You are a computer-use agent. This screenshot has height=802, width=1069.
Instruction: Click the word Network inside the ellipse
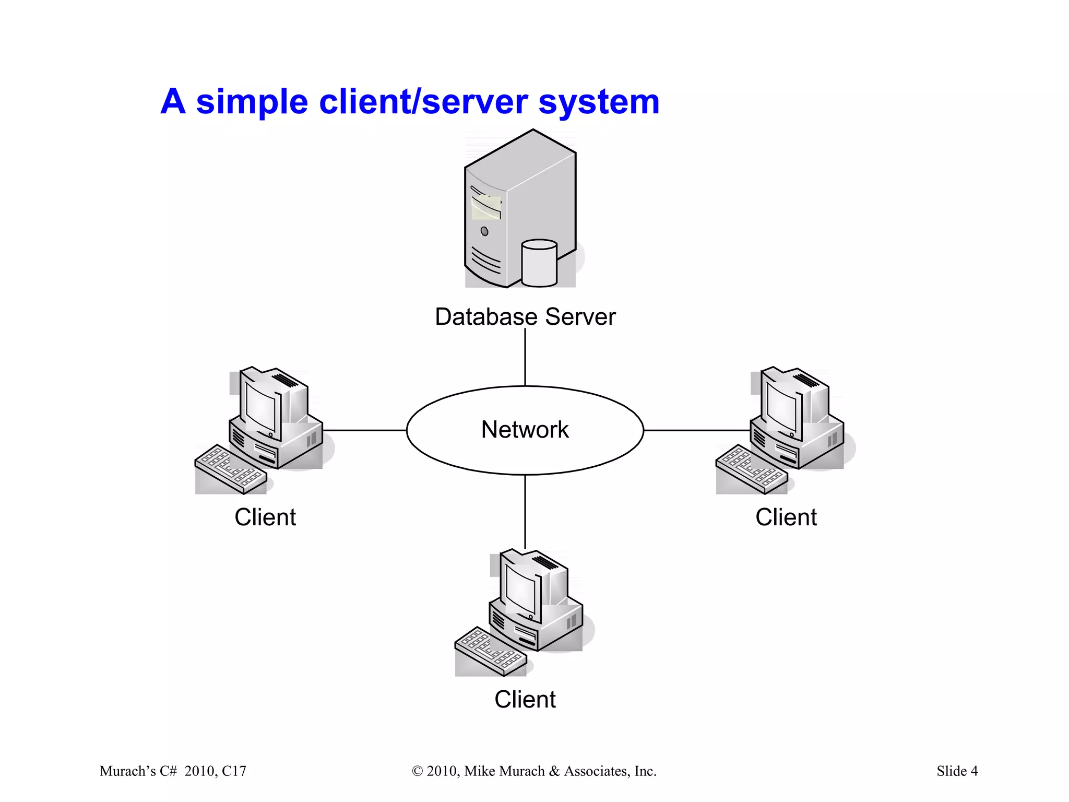(x=525, y=430)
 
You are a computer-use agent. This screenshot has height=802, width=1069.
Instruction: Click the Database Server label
(x=525, y=317)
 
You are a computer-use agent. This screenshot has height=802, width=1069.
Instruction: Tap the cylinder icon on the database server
(x=539, y=263)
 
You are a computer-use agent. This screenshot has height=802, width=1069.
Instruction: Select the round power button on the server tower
(x=484, y=231)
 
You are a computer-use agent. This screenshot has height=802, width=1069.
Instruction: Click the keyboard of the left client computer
(x=230, y=468)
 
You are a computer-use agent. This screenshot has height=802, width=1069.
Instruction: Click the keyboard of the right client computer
(x=751, y=468)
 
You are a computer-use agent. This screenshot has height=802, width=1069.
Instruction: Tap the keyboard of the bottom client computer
(x=490, y=651)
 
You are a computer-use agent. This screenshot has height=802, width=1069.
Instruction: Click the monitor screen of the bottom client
(x=520, y=591)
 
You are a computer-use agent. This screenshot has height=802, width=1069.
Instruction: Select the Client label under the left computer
(x=265, y=517)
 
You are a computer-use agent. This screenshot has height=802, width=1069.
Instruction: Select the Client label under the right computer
(x=786, y=517)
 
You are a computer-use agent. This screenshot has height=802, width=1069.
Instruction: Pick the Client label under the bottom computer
(x=525, y=700)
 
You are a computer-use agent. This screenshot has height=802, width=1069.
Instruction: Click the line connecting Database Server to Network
(x=525, y=358)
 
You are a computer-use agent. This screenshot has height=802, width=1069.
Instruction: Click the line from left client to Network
(x=364, y=430)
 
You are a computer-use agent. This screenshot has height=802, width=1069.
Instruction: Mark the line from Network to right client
(x=697, y=430)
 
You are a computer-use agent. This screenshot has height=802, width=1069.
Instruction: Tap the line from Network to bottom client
(x=525, y=512)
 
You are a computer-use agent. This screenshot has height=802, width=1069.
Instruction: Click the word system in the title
(x=599, y=102)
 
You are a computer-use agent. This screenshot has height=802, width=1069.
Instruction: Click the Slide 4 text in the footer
(x=957, y=771)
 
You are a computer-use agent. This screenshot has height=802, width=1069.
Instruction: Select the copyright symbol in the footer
(x=417, y=771)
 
